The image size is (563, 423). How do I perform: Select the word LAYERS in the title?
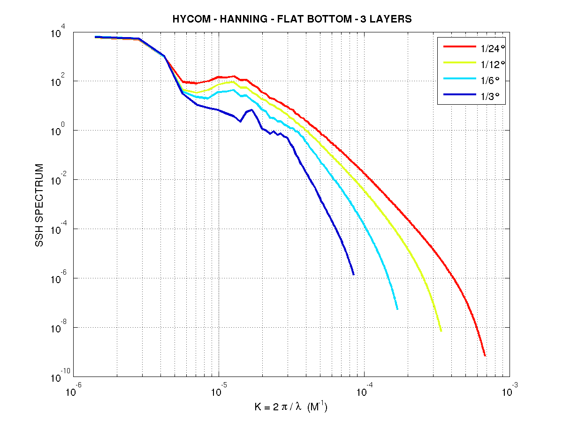[x=393, y=19]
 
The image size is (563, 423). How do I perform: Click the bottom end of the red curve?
[x=485, y=355]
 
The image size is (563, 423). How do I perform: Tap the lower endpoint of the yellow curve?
[x=441, y=331]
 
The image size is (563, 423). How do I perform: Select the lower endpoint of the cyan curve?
[x=397, y=309]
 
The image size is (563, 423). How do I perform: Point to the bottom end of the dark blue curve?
[x=353, y=274]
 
